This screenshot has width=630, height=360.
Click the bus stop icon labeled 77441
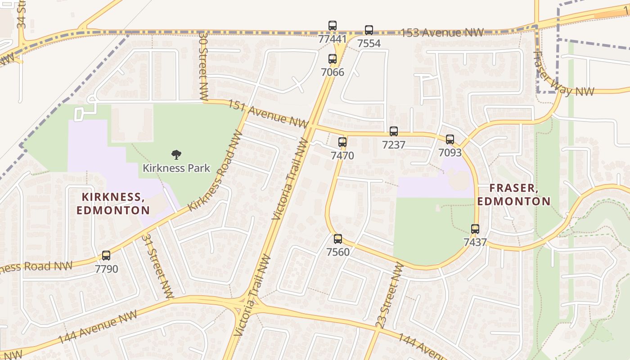pyautogui.click(x=333, y=26)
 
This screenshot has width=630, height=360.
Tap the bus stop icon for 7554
pyautogui.click(x=369, y=30)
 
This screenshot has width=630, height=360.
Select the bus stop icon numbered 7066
pyautogui.click(x=333, y=59)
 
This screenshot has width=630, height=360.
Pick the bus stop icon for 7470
pyautogui.click(x=342, y=143)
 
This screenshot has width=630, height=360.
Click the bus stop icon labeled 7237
pyautogui.click(x=394, y=131)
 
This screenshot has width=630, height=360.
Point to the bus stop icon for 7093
pyautogui.click(x=450, y=139)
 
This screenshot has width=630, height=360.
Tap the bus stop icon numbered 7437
pyautogui.click(x=475, y=229)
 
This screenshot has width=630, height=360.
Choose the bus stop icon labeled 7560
pyautogui.click(x=338, y=239)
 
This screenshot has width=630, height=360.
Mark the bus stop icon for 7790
pyautogui.click(x=106, y=256)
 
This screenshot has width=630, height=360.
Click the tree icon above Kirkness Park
pyautogui.click(x=176, y=155)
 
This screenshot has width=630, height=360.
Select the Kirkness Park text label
pyautogui.click(x=176, y=168)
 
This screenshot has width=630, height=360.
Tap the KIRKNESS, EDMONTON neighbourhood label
pyautogui.click(x=113, y=203)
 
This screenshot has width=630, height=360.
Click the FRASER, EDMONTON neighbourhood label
pyautogui.click(x=514, y=194)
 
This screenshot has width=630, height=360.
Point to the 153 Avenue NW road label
pyautogui.click(x=442, y=33)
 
